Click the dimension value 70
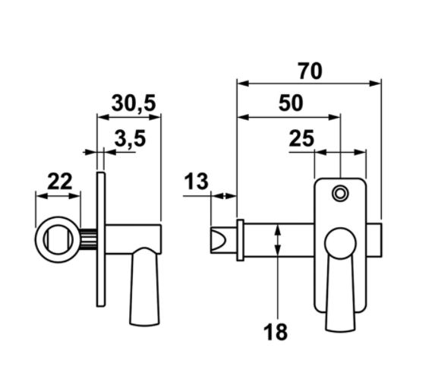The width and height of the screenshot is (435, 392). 310,71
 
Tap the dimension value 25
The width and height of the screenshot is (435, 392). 301,138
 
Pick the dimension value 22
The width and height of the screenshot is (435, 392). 59,181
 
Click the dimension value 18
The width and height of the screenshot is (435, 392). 276,332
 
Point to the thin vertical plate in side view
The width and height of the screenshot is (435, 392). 100,240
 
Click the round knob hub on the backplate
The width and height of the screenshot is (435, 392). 340,244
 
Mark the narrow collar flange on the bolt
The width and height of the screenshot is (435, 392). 241,240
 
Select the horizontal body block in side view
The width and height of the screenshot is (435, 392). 134,239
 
